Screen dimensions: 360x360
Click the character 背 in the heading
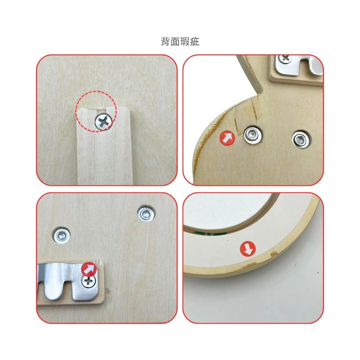pyautogui.click(x=165, y=42)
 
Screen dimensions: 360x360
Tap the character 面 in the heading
pyautogui.click(x=175, y=42)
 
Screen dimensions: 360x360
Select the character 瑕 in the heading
pyautogui.click(x=185, y=42)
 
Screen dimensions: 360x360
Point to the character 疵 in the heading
pyautogui.click(x=195, y=42)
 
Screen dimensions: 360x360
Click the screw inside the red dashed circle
pyautogui.click(x=104, y=122)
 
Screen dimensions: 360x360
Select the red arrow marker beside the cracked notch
pyautogui.click(x=227, y=138)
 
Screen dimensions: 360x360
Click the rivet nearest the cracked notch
pyautogui.click(x=253, y=135)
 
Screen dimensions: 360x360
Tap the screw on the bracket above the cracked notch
pyautogui.click(x=285, y=59)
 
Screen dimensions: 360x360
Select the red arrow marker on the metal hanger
pyautogui.click(x=89, y=269)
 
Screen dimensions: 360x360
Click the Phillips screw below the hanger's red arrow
pyautogui.click(x=89, y=281)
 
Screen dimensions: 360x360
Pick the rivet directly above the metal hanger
pyautogui.click(x=62, y=235)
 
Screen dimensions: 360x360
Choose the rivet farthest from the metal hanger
pyautogui.click(x=146, y=213)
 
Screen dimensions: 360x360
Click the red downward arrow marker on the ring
pyautogui.click(x=248, y=249)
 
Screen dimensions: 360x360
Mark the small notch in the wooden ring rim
pyautogui.click(x=274, y=254)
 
